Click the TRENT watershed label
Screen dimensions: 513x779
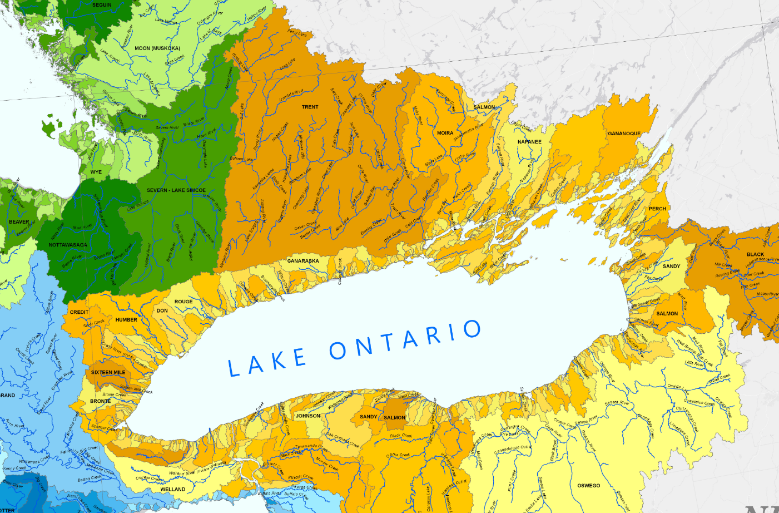[x=310, y=107]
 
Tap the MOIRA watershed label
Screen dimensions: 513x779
[x=445, y=133]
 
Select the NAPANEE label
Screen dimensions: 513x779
[x=529, y=142]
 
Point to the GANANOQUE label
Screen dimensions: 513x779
[x=624, y=134]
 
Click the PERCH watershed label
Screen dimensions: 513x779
[x=657, y=209]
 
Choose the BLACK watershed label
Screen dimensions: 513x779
[x=755, y=254]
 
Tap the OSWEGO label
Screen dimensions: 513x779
[x=588, y=486]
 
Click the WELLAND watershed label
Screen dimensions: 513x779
[x=172, y=490]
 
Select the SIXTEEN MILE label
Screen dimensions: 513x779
[x=108, y=372]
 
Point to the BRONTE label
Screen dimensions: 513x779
[x=100, y=401]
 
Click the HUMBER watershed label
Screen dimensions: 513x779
[x=126, y=320]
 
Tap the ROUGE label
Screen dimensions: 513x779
[x=183, y=302]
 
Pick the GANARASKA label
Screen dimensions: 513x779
[x=303, y=261]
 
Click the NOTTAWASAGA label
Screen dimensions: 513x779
[x=68, y=245]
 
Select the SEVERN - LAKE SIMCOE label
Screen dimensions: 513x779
[x=176, y=190]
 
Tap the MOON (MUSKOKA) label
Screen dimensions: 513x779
[x=157, y=48]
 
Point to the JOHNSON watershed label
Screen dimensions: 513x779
[x=308, y=416]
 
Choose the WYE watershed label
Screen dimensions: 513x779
[x=96, y=172]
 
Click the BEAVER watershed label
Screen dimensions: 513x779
[x=19, y=222]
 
